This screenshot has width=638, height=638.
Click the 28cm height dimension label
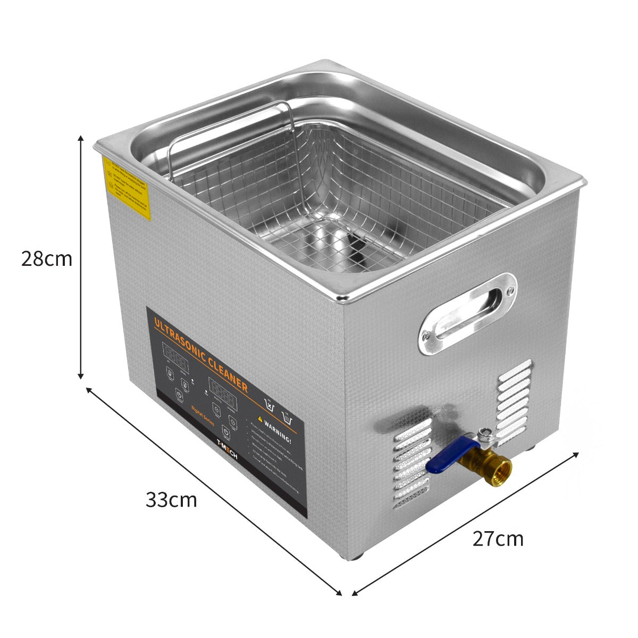[47, 259]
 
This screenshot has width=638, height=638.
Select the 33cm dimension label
[171, 500]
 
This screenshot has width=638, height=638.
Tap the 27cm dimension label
[498, 539]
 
